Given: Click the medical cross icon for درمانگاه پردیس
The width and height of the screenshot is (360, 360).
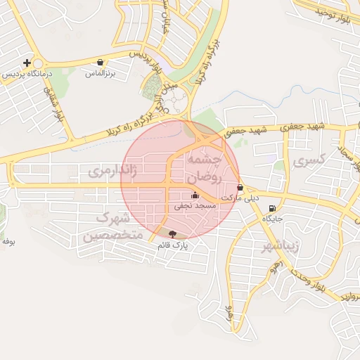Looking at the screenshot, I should pyautogui.click(x=27, y=63).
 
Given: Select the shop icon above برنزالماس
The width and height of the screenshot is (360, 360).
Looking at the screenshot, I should pyautogui.click(x=101, y=62).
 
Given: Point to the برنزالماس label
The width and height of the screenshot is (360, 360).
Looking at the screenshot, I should pyautogui.click(x=101, y=73).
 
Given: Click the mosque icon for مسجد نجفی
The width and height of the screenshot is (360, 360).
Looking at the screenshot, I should pyautogui.click(x=195, y=195).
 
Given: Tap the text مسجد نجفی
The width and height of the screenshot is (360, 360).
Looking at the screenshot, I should pyautogui.click(x=195, y=207).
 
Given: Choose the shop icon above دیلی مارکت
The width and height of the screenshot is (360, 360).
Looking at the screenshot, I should pyautogui.click(x=241, y=188).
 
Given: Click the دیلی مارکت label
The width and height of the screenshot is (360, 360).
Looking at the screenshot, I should pyautogui.click(x=240, y=199).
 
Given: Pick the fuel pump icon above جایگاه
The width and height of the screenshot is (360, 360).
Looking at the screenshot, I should pyautogui.click(x=272, y=208).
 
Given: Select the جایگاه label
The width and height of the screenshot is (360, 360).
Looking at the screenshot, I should pyautogui.click(x=272, y=219).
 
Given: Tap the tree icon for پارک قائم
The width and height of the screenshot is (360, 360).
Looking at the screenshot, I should pyautogui.click(x=173, y=234).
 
